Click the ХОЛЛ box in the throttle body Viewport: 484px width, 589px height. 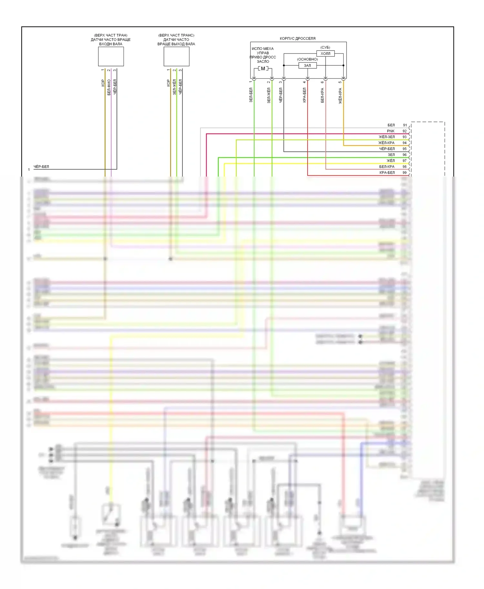[x=325, y=53]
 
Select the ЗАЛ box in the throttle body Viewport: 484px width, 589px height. [x=308, y=65]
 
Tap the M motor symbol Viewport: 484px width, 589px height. [x=263, y=69]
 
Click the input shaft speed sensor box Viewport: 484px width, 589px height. [x=111, y=56]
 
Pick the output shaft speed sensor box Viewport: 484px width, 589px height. [x=176, y=56]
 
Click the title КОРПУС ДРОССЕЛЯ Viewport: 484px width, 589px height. [x=297, y=38]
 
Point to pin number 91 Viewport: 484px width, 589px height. [x=405, y=125]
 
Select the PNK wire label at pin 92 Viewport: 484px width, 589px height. [x=391, y=131]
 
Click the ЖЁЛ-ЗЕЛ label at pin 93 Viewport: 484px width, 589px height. [x=387, y=137]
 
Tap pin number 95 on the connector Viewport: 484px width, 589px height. [x=405, y=149]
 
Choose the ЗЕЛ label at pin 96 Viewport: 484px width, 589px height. [x=391, y=155]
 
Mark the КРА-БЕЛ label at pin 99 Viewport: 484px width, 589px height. [x=387, y=173]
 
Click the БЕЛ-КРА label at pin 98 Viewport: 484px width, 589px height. [x=387, y=167]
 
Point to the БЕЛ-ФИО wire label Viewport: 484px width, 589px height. [x=109, y=87]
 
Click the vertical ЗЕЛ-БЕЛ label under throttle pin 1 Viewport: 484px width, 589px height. [x=251, y=95]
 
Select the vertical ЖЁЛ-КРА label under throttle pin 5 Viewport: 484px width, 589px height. [x=340, y=96]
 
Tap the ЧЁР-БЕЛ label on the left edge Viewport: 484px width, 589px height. [x=41, y=167]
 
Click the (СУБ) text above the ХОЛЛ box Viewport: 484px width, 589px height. [x=325, y=47]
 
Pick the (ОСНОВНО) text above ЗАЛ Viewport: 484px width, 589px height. [x=308, y=59]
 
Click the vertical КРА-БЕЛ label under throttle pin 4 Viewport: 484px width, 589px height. [x=304, y=95]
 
